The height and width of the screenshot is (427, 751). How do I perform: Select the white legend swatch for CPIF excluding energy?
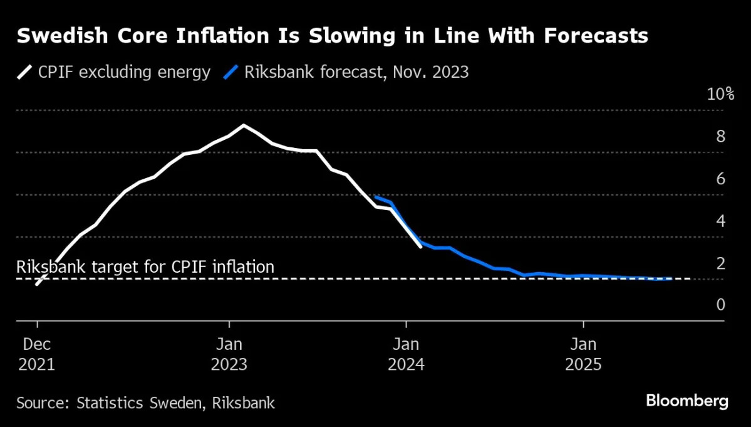coord(24,72)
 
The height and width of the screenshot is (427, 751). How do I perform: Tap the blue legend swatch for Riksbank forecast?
coord(230,72)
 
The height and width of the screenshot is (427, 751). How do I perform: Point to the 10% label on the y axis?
coord(720,95)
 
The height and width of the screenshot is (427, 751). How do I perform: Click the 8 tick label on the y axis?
coord(720,137)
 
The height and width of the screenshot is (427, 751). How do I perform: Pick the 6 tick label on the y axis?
coord(720,179)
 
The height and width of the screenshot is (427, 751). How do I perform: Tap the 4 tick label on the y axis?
coord(720,221)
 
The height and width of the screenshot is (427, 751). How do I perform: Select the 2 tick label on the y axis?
coord(720,263)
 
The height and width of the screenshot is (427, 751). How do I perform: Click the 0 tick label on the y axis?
coord(720,305)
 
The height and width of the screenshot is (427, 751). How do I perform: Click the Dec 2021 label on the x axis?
coord(36,354)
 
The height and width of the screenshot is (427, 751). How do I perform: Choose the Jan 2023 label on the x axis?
coord(229,354)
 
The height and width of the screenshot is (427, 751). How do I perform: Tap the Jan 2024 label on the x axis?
coord(407,354)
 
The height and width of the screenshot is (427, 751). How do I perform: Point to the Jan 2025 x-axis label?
coord(583,354)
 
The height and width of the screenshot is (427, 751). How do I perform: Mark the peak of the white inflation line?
coord(244,125)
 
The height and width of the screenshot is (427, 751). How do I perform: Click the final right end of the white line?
coord(420,246)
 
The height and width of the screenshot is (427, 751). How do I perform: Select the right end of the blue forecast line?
coord(671,278)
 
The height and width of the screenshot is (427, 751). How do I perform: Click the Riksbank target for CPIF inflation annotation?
coord(145,267)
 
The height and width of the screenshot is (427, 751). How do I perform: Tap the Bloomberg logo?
coord(686,401)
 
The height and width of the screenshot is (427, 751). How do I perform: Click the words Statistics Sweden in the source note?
coord(136,403)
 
